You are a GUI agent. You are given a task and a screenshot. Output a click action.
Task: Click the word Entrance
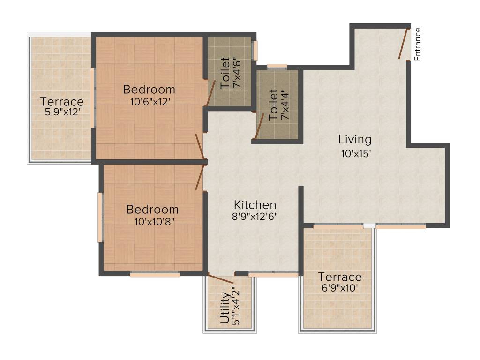click(x=418, y=44)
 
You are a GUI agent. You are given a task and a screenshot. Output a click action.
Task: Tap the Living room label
click(x=355, y=139)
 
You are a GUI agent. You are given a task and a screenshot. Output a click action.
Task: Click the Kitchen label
click(x=255, y=205)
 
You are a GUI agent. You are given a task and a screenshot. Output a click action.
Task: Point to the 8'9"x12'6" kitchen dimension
click(x=255, y=217)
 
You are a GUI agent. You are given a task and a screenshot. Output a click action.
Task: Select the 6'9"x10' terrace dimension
click(x=340, y=288)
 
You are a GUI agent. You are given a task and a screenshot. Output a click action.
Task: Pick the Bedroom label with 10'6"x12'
click(x=149, y=89)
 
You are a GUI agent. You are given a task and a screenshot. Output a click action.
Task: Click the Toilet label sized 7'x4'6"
click(x=225, y=73)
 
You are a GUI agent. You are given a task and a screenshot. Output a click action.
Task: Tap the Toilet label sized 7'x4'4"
click(x=273, y=105)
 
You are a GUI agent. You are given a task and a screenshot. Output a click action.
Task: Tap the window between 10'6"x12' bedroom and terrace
click(x=93, y=97)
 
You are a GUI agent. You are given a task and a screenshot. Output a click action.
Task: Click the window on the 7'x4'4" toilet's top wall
click(x=277, y=67)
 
